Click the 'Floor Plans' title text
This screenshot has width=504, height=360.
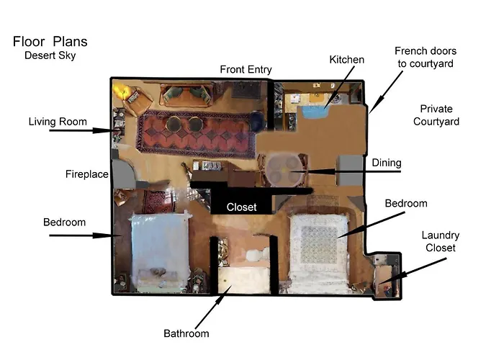coord(50,42)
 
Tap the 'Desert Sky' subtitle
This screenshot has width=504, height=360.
coord(50,55)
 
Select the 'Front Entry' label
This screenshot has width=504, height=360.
coord(246,70)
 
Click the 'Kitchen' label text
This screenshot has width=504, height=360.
coord(346,60)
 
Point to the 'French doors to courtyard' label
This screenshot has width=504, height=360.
coord(425,57)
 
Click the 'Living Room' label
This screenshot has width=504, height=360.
coord(58,122)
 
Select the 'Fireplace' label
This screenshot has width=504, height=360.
coord(86,174)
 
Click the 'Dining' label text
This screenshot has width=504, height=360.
coord(387,163)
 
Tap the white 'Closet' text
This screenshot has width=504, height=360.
coord(241,207)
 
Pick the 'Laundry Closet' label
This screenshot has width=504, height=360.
coord(441,242)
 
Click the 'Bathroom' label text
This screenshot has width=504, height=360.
coord(186,333)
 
